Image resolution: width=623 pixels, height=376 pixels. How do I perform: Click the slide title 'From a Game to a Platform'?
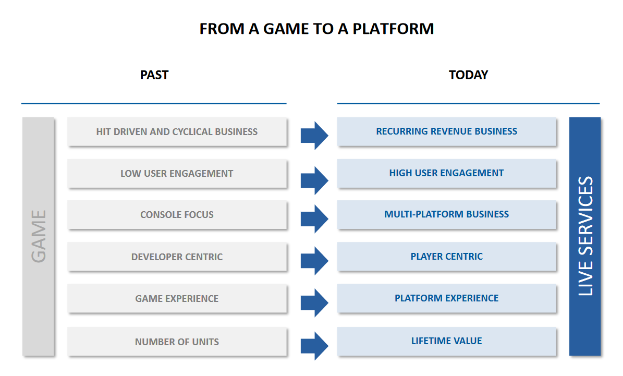tap(316, 29)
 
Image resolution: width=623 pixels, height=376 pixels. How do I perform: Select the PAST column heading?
tap(154, 75)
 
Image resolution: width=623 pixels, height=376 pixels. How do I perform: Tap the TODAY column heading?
tap(468, 75)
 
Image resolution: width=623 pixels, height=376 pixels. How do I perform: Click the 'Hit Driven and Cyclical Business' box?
tap(177, 131)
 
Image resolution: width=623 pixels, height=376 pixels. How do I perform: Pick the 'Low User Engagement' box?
tap(177, 173)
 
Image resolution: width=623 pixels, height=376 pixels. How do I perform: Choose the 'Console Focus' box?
tap(177, 214)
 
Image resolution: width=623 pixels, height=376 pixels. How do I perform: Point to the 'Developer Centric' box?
tap(177, 257)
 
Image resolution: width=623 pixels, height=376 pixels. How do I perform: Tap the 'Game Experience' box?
tap(177, 298)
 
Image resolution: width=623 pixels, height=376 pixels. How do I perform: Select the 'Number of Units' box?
tap(177, 342)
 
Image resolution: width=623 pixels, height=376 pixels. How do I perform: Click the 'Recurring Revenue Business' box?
tap(446, 131)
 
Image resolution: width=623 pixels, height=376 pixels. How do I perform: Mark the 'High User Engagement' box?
tap(446, 173)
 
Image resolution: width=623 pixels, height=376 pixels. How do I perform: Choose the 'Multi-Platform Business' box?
tap(446, 214)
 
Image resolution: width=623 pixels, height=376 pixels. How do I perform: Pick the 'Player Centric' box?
tap(446, 256)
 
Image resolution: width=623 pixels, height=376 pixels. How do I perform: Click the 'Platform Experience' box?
tap(446, 298)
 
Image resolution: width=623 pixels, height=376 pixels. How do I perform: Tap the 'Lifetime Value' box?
tap(446, 341)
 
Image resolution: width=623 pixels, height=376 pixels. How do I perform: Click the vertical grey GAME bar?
tap(38, 236)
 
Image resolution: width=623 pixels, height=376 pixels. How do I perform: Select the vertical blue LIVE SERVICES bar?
tap(585, 236)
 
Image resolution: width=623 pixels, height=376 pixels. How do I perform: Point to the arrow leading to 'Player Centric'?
tap(314, 261)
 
